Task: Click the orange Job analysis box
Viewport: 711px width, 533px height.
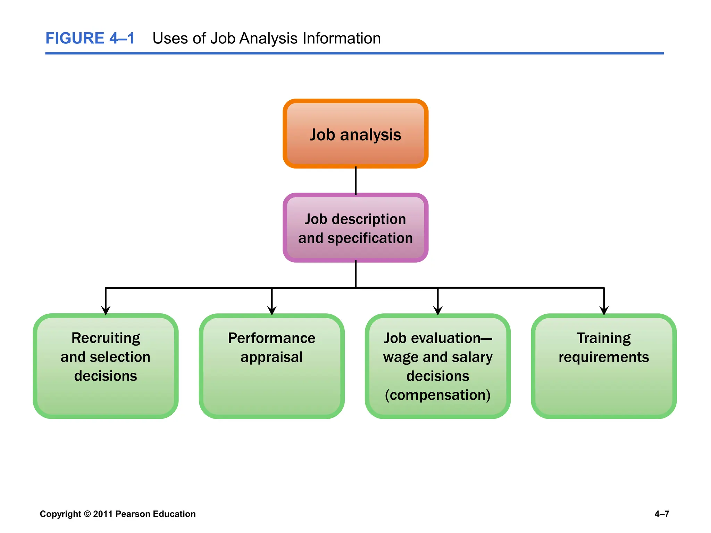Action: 355,134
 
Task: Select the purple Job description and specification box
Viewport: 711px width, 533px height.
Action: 355,228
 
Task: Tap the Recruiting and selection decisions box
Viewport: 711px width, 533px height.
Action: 106,366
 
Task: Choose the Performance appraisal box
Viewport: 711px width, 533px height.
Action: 271,366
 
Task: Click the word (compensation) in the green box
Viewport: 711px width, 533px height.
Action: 437,395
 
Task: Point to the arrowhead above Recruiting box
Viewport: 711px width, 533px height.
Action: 106,310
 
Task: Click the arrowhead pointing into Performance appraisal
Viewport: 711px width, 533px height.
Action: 272,310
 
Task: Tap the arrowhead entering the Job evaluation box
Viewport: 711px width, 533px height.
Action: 438,310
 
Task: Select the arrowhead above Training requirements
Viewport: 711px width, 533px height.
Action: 604,310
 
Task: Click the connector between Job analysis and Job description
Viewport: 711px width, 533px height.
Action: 355,180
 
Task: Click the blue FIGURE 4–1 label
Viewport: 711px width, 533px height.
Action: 90,38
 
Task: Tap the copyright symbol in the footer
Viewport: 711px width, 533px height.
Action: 87,514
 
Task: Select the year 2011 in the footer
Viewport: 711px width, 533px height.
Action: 103,514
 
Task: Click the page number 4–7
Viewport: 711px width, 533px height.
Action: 662,514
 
